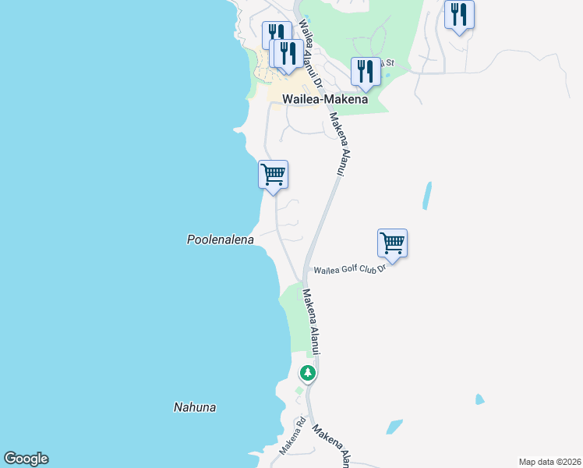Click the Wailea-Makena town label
pos(313,99)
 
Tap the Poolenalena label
pos(221,239)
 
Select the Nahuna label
pos(194,407)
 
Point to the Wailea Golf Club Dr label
pos(350,270)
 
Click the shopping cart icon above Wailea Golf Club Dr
pos(392,243)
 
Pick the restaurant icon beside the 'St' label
pos(365,71)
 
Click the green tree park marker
pos(308,373)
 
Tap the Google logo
pos(26,459)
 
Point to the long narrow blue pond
pos(426,196)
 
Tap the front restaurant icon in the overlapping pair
pos(288,53)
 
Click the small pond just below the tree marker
pos(299,391)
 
